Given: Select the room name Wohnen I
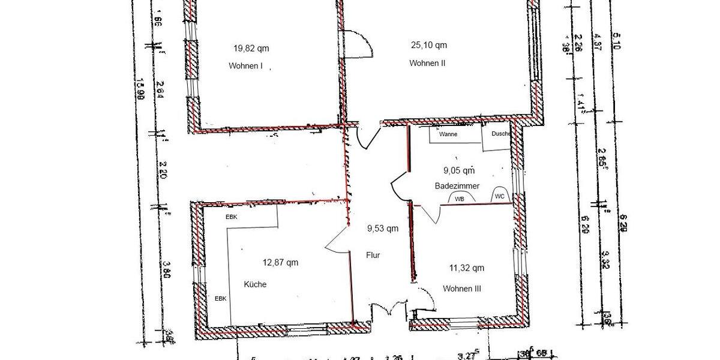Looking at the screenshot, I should click(246, 66).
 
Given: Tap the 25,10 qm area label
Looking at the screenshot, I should click(428, 45).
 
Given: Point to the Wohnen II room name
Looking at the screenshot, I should click(427, 64).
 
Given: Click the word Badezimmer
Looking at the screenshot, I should click(457, 187).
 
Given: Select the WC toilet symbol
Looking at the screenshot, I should click(499, 196).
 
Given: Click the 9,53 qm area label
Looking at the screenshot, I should click(383, 228).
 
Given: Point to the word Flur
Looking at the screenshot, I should click(373, 254).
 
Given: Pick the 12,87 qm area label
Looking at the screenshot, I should click(280, 262).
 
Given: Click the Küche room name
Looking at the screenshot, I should click(255, 284).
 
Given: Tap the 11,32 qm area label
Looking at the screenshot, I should click(466, 268).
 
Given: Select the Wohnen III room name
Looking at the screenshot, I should click(462, 289).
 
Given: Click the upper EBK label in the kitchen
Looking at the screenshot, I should click(232, 217).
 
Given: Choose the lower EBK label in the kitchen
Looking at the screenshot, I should click(221, 298).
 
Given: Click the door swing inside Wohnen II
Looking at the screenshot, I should click(359, 44).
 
